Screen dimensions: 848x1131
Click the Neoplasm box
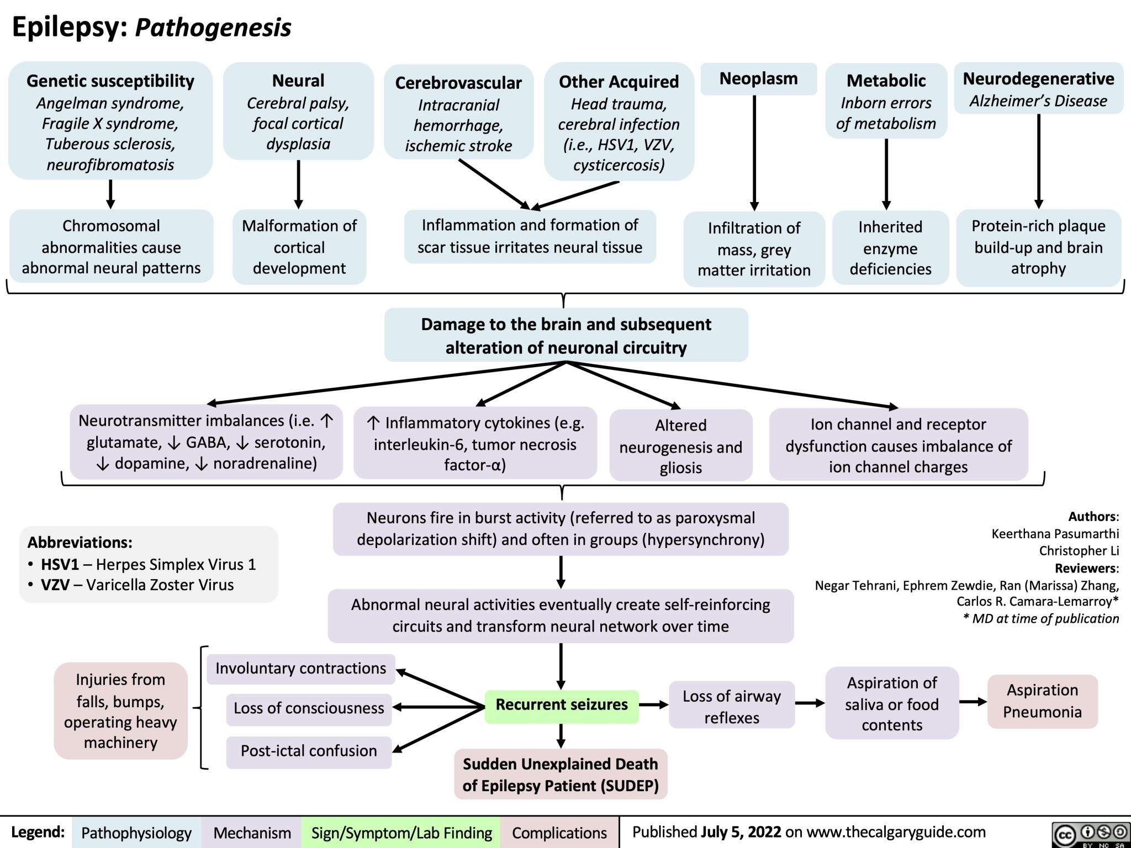[x=758, y=79]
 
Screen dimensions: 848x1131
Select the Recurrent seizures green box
[x=562, y=705]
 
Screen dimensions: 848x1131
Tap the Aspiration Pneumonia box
[x=1042, y=701]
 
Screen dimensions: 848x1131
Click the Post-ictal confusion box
[x=309, y=751]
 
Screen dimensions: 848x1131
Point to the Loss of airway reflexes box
[x=731, y=707]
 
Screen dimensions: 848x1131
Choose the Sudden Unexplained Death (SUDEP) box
[x=561, y=775]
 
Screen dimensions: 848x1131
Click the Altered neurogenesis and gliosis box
[x=680, y=446]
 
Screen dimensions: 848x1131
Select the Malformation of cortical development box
[x=299, y=247]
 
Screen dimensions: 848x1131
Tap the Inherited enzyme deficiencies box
[x=890, y=248]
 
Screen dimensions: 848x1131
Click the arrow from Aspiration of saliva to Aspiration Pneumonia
[x=973, y=702]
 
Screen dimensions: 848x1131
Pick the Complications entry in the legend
[x=559, y=833]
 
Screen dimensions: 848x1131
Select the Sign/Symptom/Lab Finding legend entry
[x=401, y=833]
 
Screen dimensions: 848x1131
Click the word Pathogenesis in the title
[x=213, y=28]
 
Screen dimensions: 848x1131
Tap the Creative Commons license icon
[x=1090, y=834]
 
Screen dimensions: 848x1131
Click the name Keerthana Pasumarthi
[x=1055, y=534]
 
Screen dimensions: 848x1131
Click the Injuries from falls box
[x=120, y=711]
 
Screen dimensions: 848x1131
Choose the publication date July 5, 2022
[x=741, y=832]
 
